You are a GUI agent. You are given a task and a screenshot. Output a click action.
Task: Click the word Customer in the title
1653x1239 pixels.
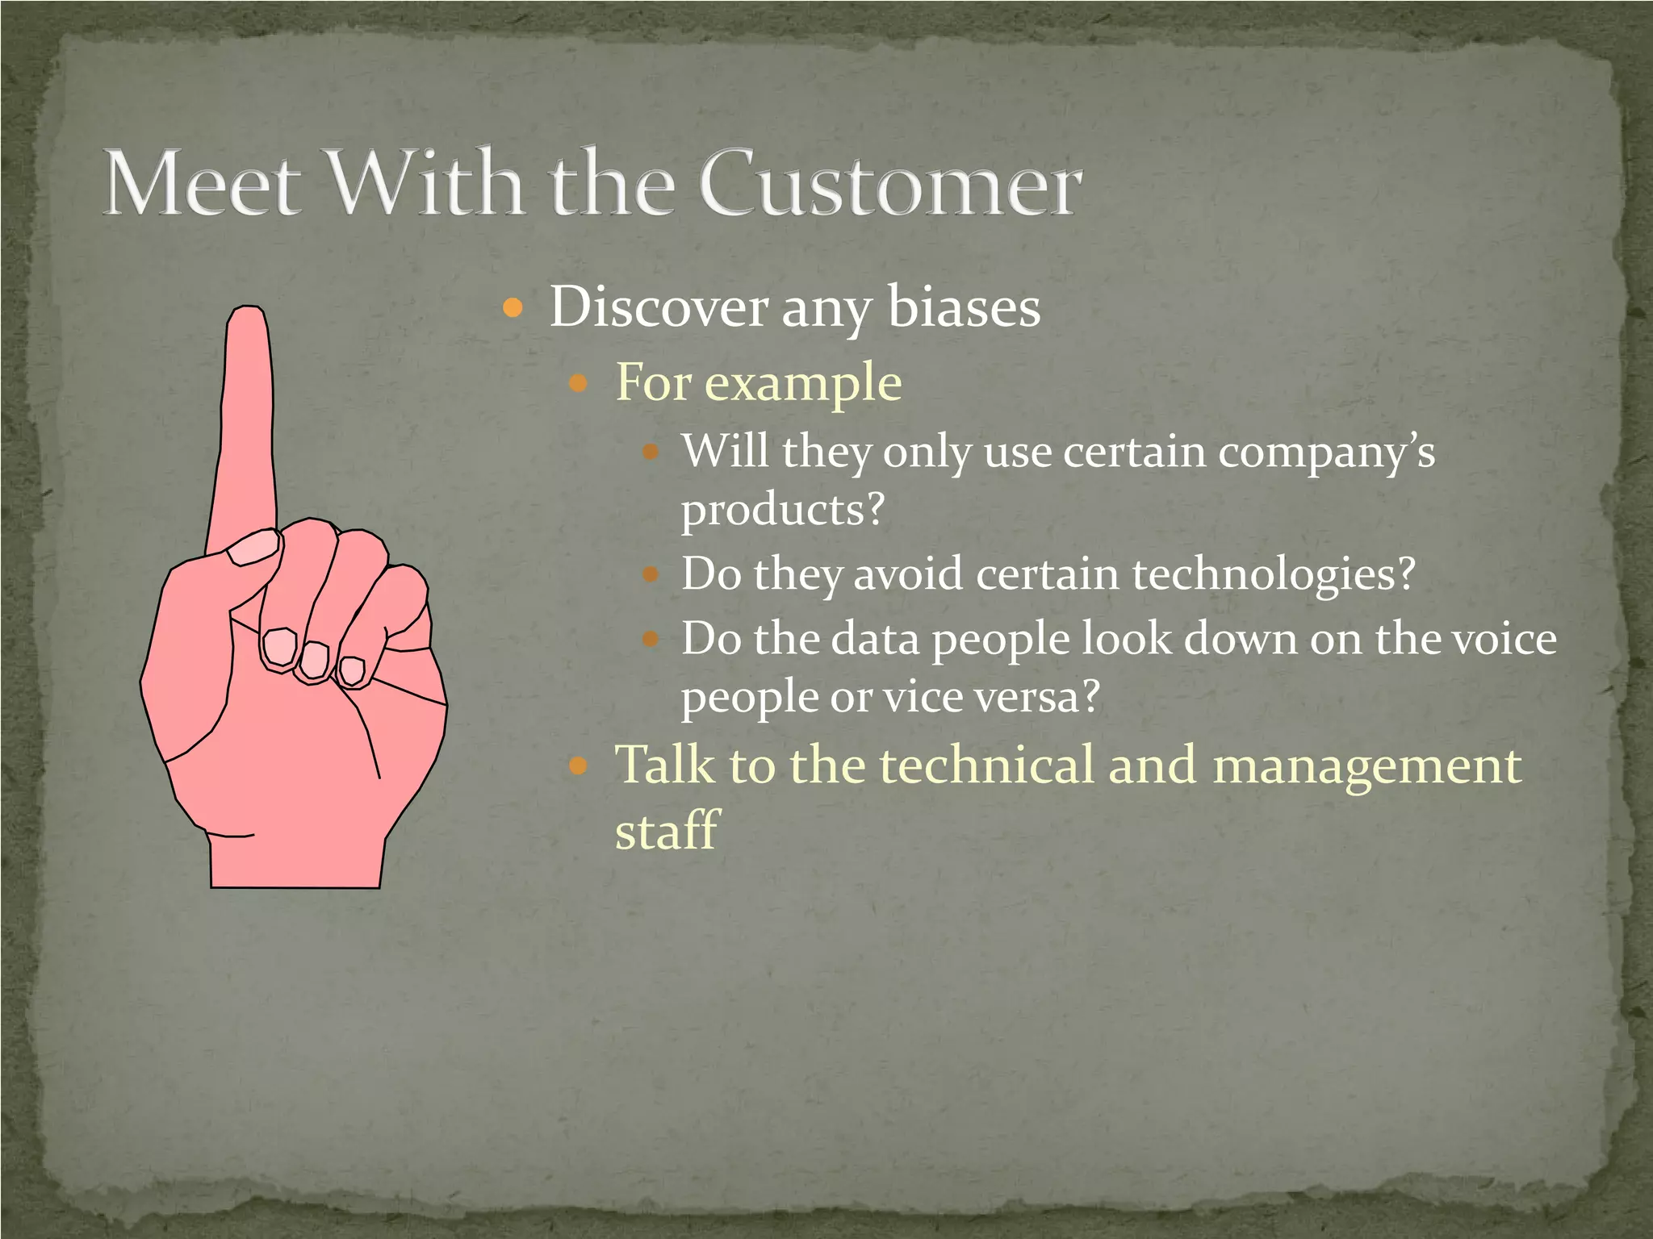click(x=889, y=184)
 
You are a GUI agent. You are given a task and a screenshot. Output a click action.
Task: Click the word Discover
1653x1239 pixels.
click(x=659, y=307)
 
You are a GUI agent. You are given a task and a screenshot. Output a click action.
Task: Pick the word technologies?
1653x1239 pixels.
click(x=1274, y=574)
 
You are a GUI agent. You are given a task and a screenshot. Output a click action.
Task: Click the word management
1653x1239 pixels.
click(x=1366, y=766)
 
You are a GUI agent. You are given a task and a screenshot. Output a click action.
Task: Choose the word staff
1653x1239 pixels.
click(x=666, y=829)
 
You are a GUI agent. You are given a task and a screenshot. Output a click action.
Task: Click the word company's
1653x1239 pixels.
click(x=1326, y=453)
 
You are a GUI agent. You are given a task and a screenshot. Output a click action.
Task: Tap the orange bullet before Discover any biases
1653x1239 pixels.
click(x=513, y=307)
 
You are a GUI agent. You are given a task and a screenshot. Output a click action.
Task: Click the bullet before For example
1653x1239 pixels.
click(x=578, y=382)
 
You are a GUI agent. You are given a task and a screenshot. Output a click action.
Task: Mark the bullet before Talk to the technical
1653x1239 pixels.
click(x=578, y=765)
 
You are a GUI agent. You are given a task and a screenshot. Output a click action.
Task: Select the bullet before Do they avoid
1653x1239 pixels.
click(x=651, y=575)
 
